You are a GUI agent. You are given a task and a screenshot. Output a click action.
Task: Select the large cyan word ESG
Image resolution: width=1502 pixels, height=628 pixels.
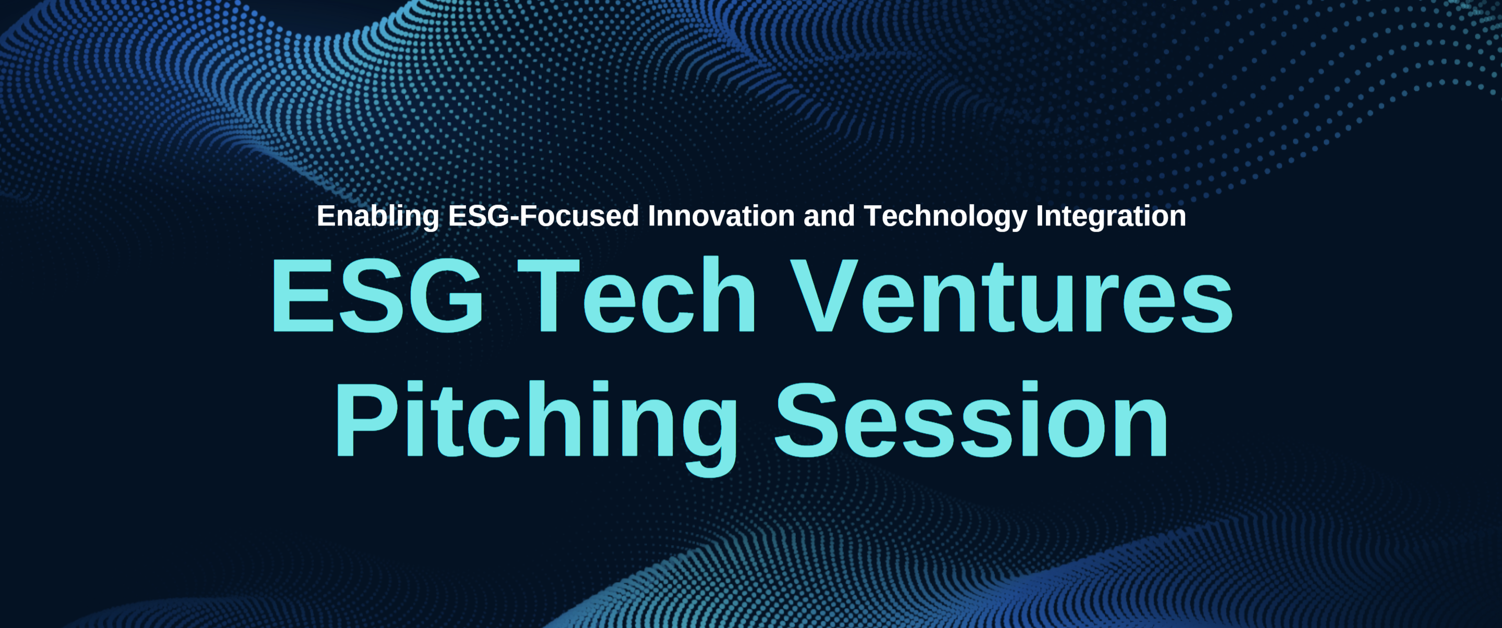coord(377,295)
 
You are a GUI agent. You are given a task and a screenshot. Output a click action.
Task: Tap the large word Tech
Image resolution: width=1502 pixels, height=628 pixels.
coord(637,295)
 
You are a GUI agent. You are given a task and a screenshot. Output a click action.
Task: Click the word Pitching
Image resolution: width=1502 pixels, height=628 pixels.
coord(535,428)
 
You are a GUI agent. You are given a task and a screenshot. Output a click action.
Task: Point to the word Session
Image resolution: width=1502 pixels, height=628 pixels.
coord(971,419)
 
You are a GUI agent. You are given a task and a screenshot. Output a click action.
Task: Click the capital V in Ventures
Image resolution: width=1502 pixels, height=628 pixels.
coord(825,295)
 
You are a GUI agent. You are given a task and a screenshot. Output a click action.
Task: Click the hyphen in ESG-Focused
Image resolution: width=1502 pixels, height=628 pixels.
coord(512,218)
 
